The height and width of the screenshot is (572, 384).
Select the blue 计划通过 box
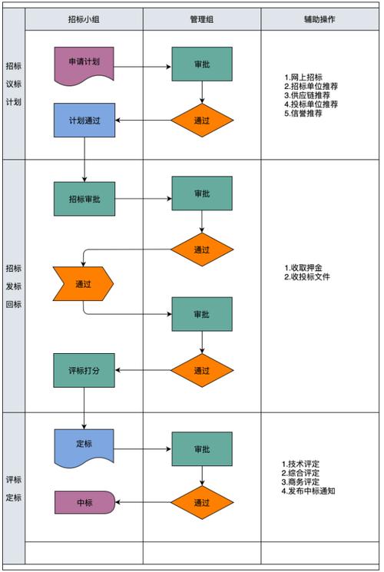(84, 120)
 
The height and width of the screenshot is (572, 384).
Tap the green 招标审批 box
(84, 199)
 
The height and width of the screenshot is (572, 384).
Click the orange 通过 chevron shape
(83, 284)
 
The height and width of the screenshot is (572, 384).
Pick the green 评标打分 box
(84, 370)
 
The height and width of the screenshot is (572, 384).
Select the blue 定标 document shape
(84, 446)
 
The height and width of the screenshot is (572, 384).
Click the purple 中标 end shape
(84, 502)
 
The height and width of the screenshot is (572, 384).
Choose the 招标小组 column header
(84, 19)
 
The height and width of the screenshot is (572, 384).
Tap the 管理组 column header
(202, 19)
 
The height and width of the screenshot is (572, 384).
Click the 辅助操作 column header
(319, 19)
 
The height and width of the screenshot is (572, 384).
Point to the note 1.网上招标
(303, 78)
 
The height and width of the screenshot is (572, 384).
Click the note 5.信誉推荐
(303, 113)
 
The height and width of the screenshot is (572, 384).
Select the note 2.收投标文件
(307, 277)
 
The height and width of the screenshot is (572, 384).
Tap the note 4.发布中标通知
(308, 491)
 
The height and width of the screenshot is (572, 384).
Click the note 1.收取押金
(303, 268)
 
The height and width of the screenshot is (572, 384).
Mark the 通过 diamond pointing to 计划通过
(202, 121)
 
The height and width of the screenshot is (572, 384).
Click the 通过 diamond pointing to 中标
(202, 502)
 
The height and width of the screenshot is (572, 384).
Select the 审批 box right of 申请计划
(202, 64)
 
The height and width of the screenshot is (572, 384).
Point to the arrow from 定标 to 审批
(142, 449)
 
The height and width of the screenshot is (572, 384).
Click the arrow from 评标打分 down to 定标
(84, 408)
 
